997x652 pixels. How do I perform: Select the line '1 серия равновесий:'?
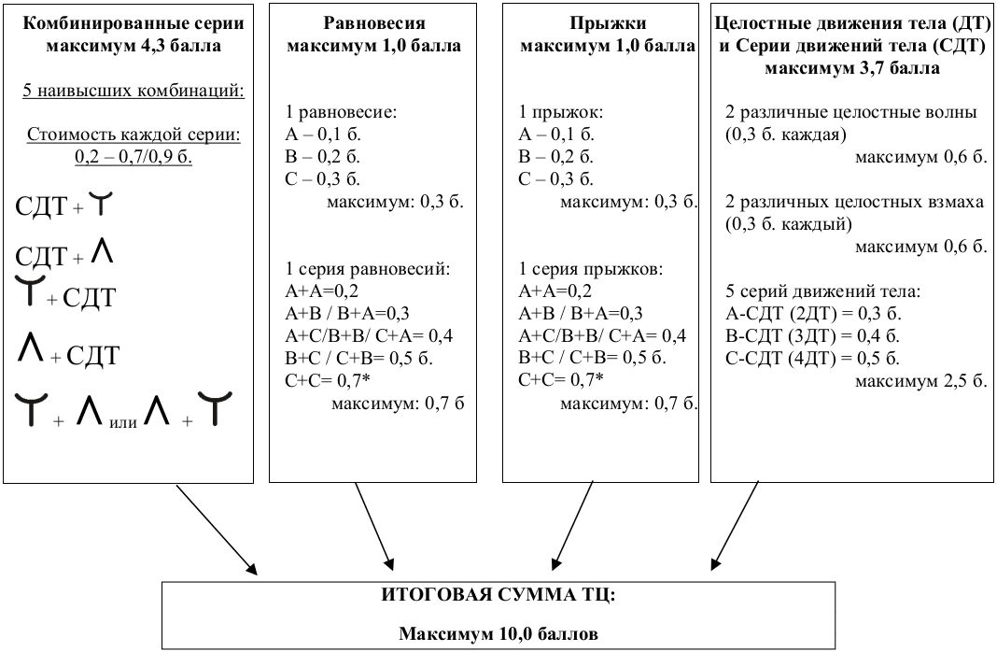(x=368, y=270)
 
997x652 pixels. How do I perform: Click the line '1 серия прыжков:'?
(x=592, y=270)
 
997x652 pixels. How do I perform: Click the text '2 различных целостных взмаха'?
(x=854, y=204)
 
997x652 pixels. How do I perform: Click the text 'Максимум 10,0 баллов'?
(x=498, y=633)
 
